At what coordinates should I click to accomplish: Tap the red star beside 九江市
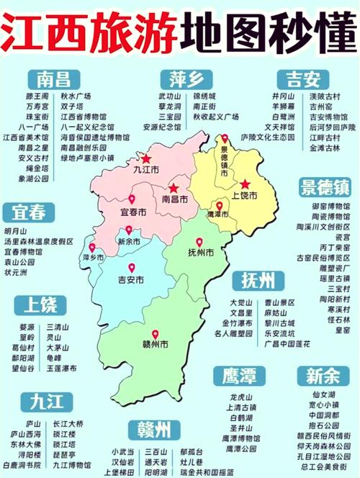(147, 159)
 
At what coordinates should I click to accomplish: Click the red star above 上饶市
(246, 184)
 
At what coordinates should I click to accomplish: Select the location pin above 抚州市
(200, 242)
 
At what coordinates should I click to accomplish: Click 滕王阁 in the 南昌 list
(36, 95)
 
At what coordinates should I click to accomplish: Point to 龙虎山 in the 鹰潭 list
(240, 397)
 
